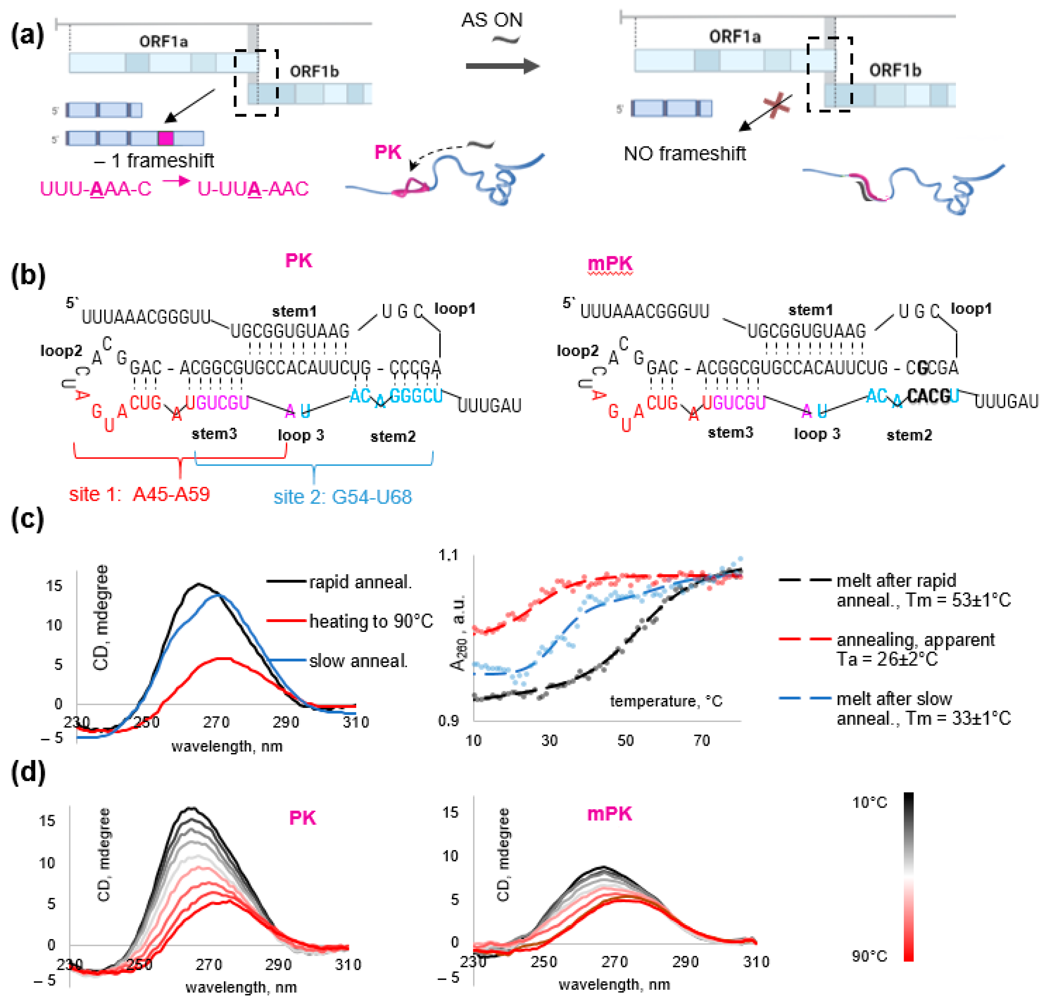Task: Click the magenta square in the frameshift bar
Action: tap(166, 139)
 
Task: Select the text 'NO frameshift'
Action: tap(684, 154)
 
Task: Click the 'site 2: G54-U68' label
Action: tap(342, 497)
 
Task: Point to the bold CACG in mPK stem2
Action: tap(929, 396)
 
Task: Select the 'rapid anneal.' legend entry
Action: tap(360, 582)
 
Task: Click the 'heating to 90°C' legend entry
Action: tap(370, 621)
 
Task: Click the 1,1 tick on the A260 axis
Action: tap(448, 556)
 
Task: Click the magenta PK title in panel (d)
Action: tap(302, 818)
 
